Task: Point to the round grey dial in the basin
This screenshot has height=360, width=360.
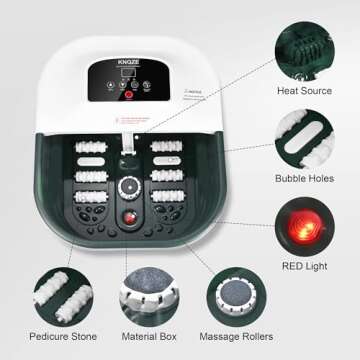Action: tap(129, 184)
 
